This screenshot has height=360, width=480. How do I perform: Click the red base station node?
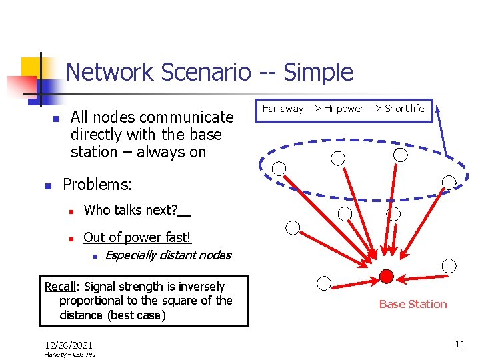pyautogui.click(x=386, y=277)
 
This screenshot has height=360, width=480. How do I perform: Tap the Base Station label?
pyautogui.click(x=413, y=304)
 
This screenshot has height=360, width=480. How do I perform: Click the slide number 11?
pyautogui.click(x=459, y=344)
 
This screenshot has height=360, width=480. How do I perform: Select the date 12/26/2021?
pyautogui.click(x=69, y=345)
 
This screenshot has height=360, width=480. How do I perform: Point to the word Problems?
pyautogui.click(x=97, y=184)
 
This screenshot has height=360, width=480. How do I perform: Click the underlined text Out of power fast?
pyautogui.click(x=137, y=237)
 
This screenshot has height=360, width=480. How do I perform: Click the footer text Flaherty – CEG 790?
pyautogui.click(x=69, y=355)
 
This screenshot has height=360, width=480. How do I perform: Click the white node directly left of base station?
pyautogui.click(x=324, y=283)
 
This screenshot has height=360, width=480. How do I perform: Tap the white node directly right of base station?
pyautogui.click(x=449, y=266)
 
